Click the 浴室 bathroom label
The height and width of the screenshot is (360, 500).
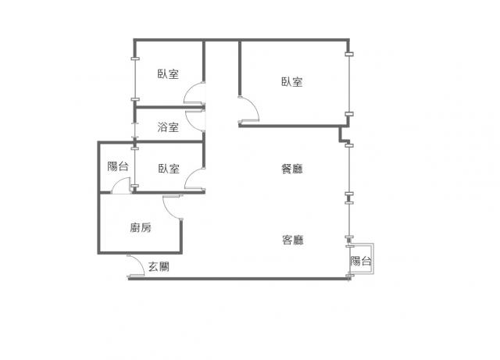pos(168,127)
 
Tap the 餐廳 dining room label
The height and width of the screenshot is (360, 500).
pos(292,169)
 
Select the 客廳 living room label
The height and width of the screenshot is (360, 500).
pos(293,240)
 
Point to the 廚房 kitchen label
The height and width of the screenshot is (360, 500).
pos(141,228)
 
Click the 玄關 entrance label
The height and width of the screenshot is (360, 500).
pos(159,266)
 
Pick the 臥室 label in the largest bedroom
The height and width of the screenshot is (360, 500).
pos(291,82)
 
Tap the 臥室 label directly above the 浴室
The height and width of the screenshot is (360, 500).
pos(168,74)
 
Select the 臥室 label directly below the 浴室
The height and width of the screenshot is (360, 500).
pos(169,169)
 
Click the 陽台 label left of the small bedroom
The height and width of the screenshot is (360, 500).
pos(118,166)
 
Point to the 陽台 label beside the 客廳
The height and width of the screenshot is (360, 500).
pos(361,261)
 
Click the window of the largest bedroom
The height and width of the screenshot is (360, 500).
pos(350,84)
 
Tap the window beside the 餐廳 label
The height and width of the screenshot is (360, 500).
pos(350,169)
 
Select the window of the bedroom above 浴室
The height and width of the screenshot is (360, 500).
pos(136,79)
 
